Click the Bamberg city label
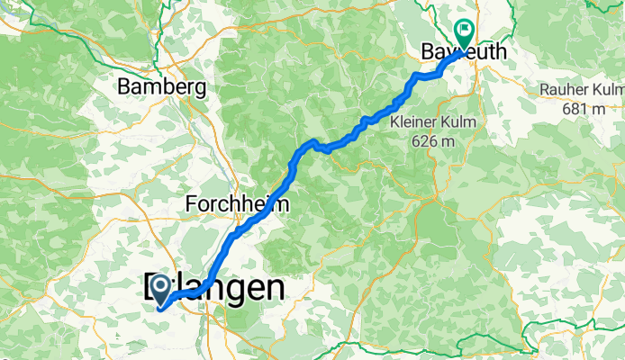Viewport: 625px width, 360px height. click(163, 88)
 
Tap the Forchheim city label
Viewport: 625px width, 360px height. click(237, 204)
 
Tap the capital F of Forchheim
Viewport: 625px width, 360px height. click(190, 204)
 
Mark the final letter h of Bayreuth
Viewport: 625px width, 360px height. click(500, 53)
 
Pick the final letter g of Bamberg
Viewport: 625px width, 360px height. click(202, 90)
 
